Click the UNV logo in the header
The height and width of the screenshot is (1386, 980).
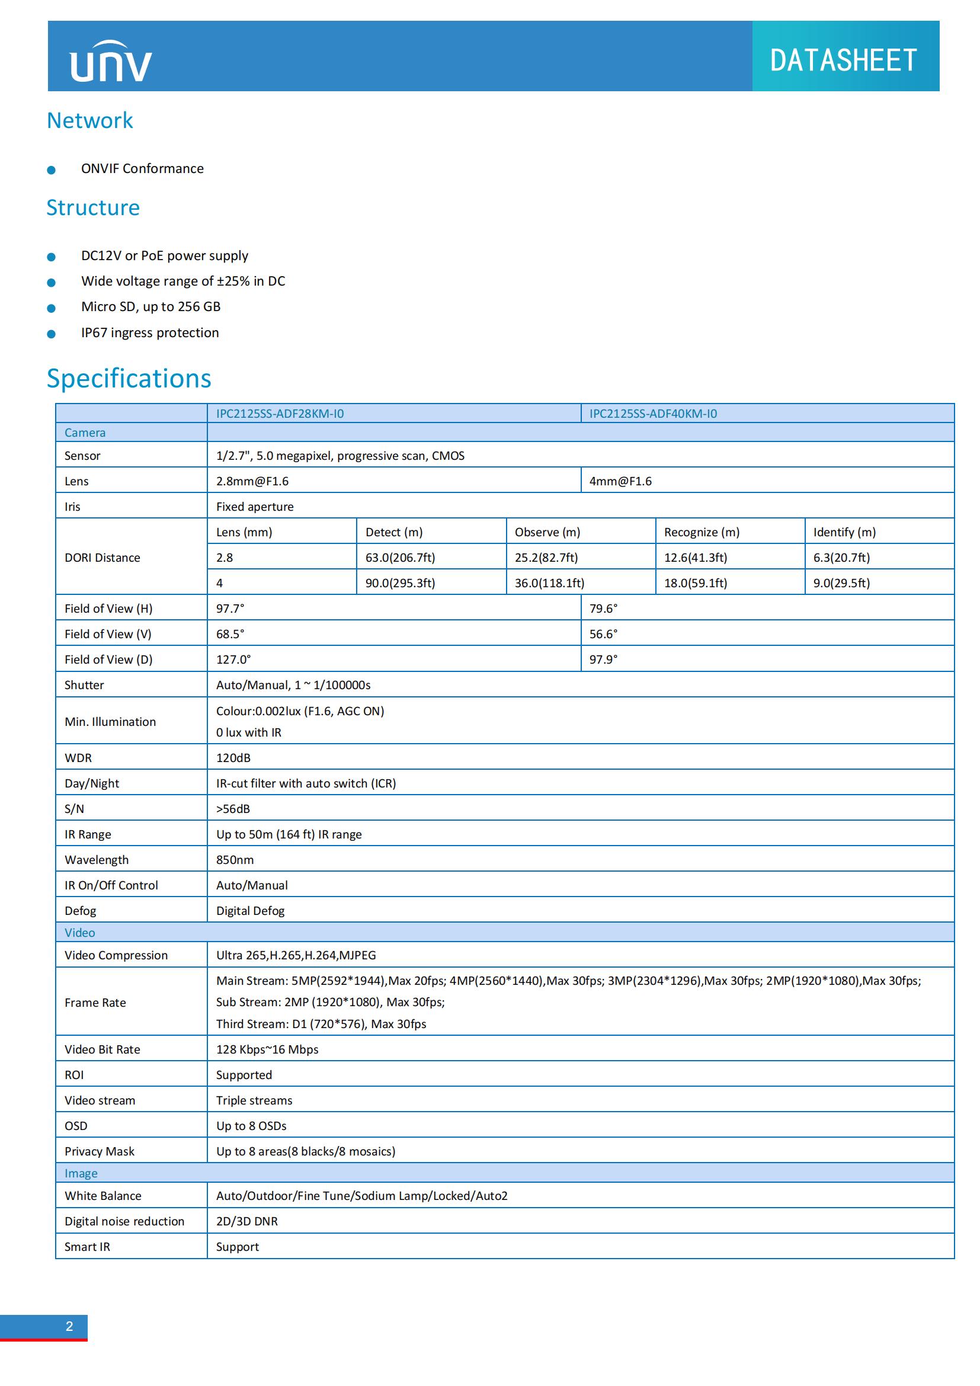click(x=111, y=62)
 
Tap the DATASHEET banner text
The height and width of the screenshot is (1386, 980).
click(x=843, y=60)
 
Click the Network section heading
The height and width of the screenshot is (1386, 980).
click(x=90, y=121)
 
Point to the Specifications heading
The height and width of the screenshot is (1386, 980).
click(x=129, y=379)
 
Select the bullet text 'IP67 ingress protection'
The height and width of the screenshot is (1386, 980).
click(x=150, y=332)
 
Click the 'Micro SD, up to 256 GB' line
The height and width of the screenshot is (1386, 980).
click(x=151, y=307)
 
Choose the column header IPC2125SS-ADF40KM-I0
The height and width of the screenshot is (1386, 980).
click(x=653, y=414)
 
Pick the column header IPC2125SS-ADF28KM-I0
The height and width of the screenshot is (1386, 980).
click(x=280, y=414)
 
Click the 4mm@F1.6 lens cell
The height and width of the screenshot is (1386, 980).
click(x=620, y=481)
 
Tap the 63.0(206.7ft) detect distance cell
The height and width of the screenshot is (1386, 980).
click(x=400, y=557)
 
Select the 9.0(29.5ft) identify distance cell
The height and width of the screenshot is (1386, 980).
click(x=841, y=582)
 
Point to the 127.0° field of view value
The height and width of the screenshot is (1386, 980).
click(x=233, y=659)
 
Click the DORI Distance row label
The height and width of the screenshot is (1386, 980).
click(x=102, y=557)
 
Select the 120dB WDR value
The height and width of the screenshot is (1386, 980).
click(x=233, y=758)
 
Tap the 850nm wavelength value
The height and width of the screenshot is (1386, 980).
click(x=235, y=860)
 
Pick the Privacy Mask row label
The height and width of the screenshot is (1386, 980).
click(x=100, y=1151)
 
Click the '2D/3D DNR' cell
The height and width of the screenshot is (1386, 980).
click(x=247, y=1221)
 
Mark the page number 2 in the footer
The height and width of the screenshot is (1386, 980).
click(x=69, y=1326)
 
